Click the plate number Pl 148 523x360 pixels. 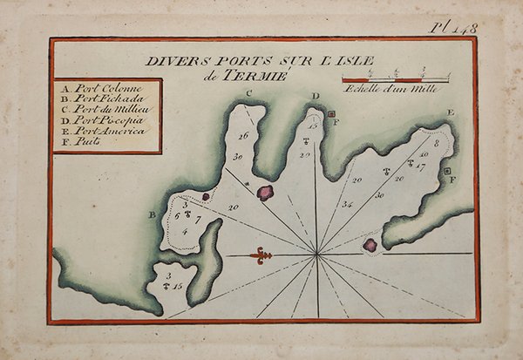454,28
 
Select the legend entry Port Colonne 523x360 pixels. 97,89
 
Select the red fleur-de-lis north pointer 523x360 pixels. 260,255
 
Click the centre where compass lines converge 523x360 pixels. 316,254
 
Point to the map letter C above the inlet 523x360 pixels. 248,93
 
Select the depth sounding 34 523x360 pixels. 347,205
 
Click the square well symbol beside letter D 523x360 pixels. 331,113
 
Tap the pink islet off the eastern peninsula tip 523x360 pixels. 370,245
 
